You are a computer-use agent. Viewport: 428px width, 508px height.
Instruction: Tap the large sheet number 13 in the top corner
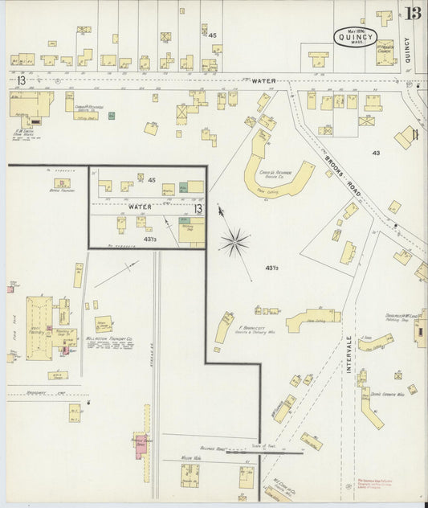click(414, 13)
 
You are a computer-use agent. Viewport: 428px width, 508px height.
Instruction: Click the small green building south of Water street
click(112, 116)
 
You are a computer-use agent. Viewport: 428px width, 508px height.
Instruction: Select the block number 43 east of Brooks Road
click(376, 152)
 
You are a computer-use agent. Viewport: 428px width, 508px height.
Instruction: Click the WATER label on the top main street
click(263, 80)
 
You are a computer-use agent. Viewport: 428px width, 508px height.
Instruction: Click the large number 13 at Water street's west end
click(20, 80)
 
